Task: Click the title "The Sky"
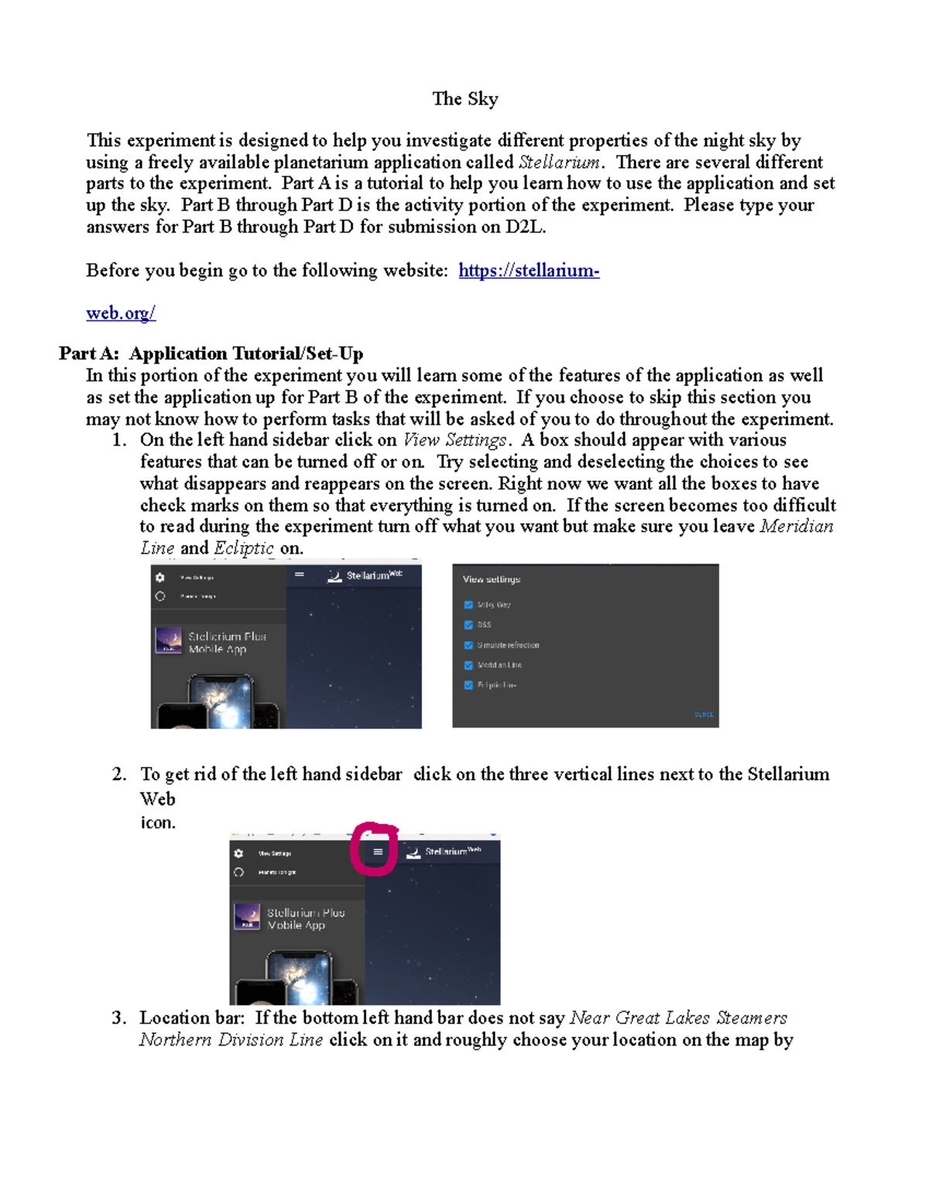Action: click(464, 99)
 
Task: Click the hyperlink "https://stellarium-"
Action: click(529, 271)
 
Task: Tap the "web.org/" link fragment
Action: click(121, 313)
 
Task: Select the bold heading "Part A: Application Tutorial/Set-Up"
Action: click(211, 354)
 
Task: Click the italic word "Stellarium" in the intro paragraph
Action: click(559, 163)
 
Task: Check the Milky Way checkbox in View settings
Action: click(468, 605)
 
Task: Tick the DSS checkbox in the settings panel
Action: click(468, 625)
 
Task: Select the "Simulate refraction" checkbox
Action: click(468, 646)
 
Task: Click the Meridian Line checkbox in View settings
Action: click(468, 666)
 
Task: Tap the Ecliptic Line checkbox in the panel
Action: click(468, 686)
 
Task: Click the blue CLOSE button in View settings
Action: click(704, 714)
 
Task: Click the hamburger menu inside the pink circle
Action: click(378, 852)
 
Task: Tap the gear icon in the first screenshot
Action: click(160, 577)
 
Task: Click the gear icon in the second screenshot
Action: click(238, 853)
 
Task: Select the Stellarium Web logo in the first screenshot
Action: click(334, 576)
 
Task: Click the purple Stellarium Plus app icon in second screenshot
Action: click(247, 917)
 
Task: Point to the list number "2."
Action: click(118, 775)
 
